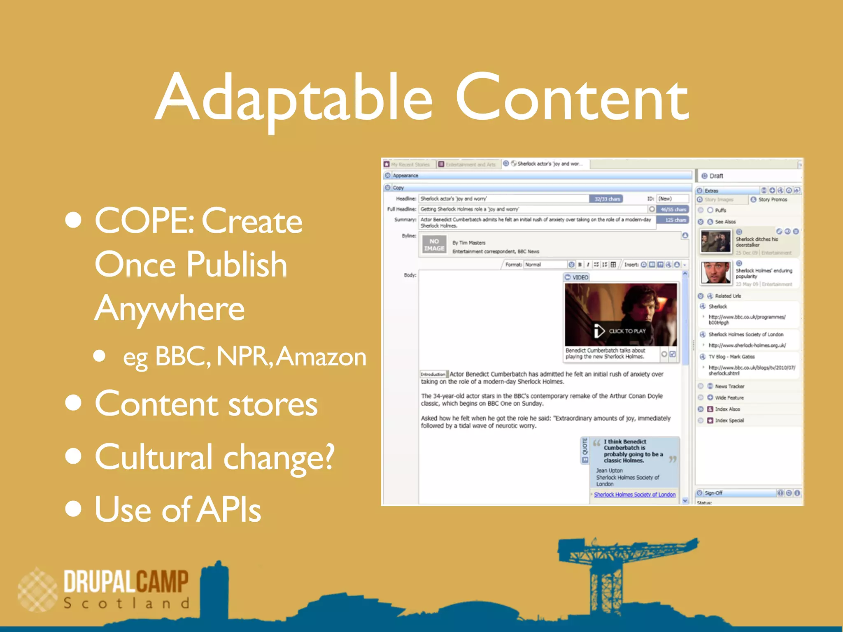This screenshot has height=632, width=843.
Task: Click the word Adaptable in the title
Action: click(294, 99)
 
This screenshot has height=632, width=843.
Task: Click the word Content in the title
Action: click(571, 99)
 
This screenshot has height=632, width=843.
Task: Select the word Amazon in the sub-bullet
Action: click(321, 356)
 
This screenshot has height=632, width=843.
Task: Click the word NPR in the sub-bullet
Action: click(242, 356)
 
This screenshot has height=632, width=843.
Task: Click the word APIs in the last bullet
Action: click(229, 509)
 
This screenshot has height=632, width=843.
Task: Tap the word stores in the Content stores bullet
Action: click(272, 404)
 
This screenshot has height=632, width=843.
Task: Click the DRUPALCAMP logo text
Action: click(126, 581)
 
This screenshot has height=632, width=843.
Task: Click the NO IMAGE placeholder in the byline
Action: click(434, 245)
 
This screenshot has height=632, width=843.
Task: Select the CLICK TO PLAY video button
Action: click(621, 331)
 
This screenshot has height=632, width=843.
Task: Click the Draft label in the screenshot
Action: click(716, 176)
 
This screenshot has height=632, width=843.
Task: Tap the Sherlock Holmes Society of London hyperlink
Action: click(634, 495)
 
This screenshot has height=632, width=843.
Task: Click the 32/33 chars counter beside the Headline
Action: click(607, 199)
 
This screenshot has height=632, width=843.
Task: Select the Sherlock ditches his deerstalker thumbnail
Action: click(716, 242)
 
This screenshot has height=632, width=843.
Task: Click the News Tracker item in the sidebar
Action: click(729, 386)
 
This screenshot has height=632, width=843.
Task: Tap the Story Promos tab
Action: click(772, 200)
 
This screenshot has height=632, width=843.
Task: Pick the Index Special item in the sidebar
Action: click(729, 421)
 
